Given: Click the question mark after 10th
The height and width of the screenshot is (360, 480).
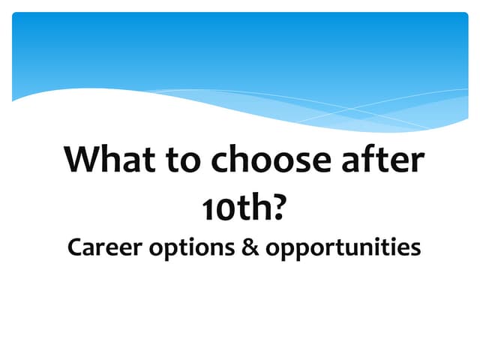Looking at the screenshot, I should (279, 207).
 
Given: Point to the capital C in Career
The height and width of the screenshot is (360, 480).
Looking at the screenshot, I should (74, 248).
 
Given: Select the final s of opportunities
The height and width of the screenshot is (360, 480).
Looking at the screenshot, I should (415, 250).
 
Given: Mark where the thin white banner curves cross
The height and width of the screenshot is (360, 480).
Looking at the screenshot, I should (352, 110).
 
